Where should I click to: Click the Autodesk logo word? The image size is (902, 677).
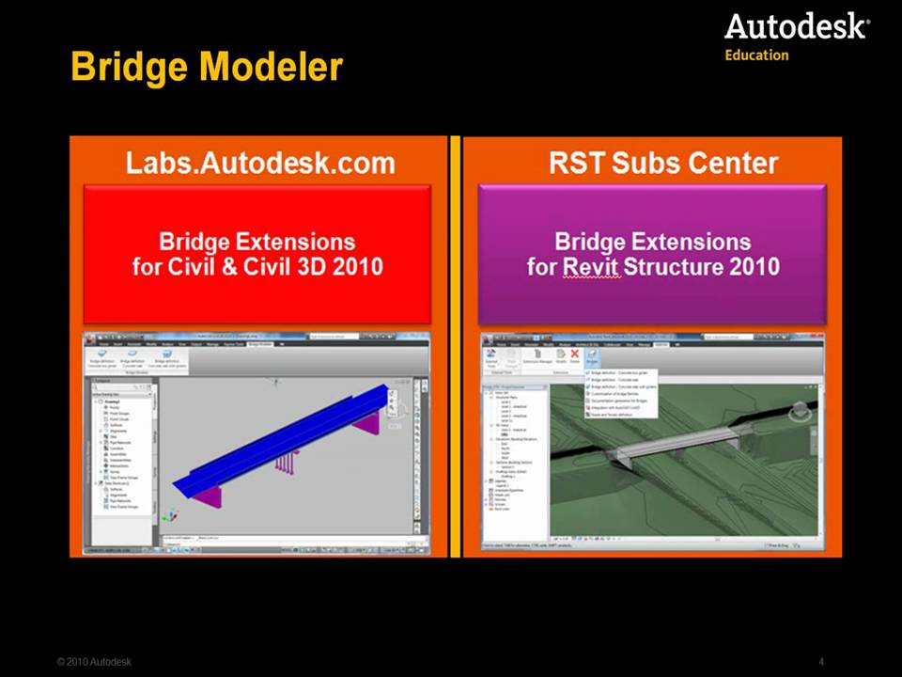pyautogui.click(x=795, y=26)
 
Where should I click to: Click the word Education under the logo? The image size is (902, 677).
pyautogui.click(x=756, y=55)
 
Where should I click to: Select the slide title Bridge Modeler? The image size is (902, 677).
pyautogui.click(x=207, y=68)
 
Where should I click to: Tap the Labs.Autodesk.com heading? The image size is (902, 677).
pyautogui.click(x=260, y=163)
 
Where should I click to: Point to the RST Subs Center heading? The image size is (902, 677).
pyautogui.click(x=663, y=163)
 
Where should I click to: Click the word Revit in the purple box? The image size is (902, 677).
pyautogui.click(x=592, y=267)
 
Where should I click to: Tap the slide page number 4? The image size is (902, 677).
pyautogui.click(x=821, y=662)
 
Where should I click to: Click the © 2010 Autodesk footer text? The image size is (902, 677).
pyautogui.click(x=94, y=662)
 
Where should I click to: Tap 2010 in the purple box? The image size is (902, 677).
pyautogui.click(x=755, y=267)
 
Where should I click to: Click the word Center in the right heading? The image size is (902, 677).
pyautogui.click(x=735, y=163)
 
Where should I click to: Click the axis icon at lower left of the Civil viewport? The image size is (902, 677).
pyautogui.click(x=170, y=515)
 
